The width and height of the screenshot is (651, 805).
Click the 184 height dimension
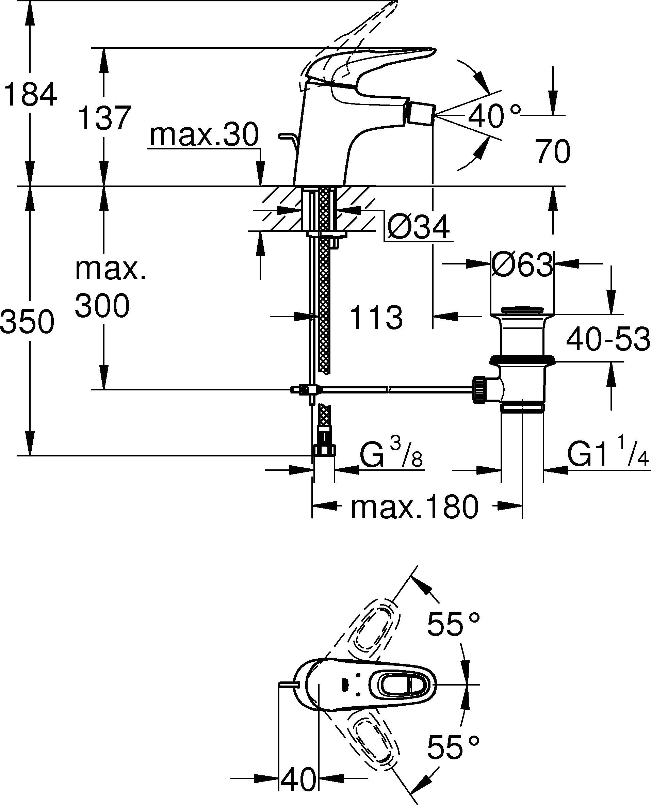pos(30,95)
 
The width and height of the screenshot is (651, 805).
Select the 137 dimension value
pos(104,118)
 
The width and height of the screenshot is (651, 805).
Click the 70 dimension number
pos(552,151)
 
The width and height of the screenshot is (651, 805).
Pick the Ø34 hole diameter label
pos(418,228)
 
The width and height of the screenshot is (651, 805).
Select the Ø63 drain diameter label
pos(522,265)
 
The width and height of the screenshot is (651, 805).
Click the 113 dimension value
pos(376,318)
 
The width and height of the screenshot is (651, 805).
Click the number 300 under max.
pos(102,306)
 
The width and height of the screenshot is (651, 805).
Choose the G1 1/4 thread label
pos(607,455)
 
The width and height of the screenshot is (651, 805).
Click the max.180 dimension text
pos(414,507)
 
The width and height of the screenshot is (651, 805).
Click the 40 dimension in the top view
pos(298,779)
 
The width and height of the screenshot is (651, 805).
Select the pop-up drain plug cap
pos(522,310)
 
